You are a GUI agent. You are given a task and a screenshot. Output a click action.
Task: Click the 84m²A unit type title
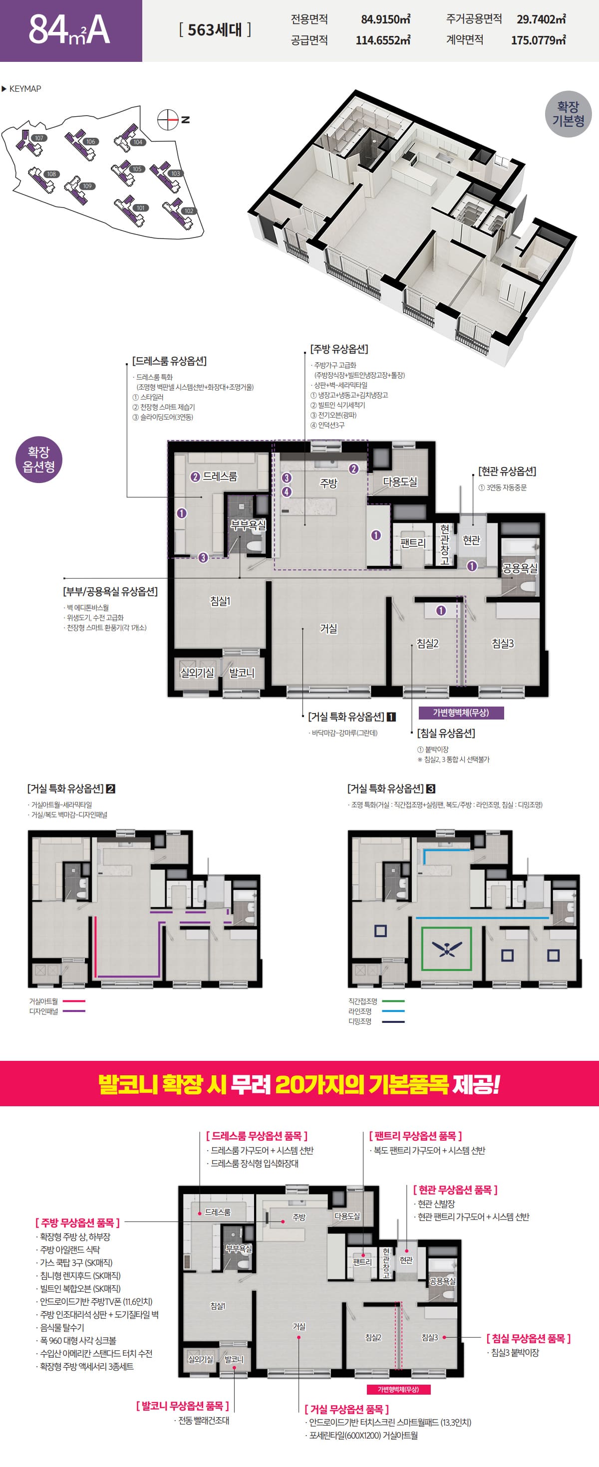(69, 29)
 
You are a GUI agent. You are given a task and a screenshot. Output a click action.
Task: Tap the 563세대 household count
(215, 29)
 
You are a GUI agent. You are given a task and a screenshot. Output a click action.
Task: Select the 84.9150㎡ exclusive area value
(385, 19)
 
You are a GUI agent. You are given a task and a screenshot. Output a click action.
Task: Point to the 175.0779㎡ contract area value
(538, 40)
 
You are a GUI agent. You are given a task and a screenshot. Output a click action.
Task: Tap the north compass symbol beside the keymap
(168, 120)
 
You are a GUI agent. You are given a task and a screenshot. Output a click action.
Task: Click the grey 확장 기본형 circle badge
(568, 114)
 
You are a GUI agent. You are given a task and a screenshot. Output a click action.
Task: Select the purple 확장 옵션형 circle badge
(39, 460)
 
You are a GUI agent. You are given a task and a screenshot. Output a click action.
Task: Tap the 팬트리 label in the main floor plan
(413, 543)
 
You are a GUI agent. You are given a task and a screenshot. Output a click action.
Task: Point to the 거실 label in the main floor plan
(328, 629)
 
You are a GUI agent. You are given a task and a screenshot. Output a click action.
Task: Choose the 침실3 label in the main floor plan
(503, 644)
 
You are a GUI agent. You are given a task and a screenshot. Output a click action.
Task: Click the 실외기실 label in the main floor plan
(197, 673)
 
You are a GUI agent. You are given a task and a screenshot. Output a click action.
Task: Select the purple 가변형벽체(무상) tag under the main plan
(461, 713)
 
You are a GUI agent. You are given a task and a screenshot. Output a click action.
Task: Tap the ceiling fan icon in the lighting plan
(447, 949)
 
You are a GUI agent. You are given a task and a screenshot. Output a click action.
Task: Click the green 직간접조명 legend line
(393, 1001)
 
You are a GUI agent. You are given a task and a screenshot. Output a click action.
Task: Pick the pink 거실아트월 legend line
(73, 1001)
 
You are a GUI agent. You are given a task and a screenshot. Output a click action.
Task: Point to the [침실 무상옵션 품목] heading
(528, 1338)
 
